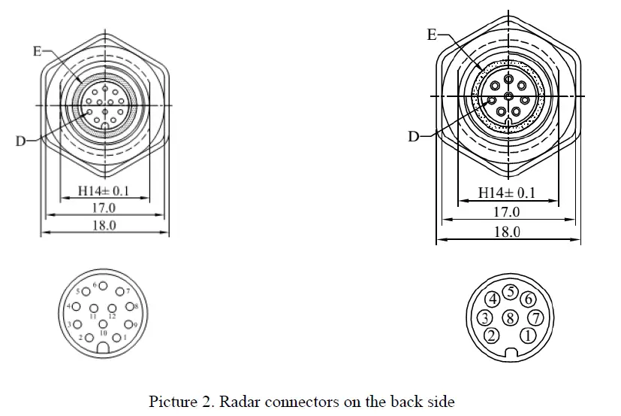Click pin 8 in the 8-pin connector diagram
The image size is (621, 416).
510,317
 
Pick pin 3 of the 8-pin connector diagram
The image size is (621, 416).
486,317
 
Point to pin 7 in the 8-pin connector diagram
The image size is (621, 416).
534,317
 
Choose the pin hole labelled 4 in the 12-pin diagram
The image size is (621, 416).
77,306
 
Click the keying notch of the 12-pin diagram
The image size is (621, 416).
103,349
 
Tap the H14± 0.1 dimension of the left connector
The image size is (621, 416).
104,191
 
